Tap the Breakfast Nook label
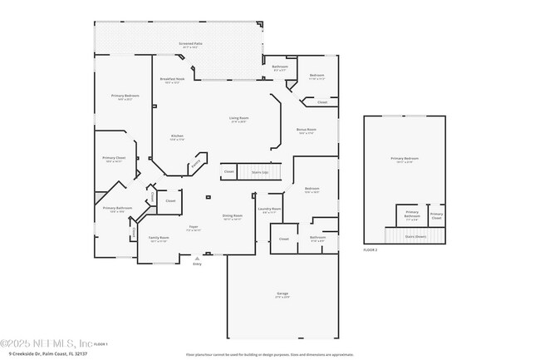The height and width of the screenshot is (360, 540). [x=172, y=80]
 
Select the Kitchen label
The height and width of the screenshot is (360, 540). [x=177, y=137]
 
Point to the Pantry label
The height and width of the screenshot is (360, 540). [x=195, y=165]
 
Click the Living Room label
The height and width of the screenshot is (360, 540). [x=239, y=119]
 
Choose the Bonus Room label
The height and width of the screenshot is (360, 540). [x=306, y=130]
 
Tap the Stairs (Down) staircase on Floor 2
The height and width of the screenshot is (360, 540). [x=415, y=235]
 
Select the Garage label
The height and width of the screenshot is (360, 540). [x=282, y=294]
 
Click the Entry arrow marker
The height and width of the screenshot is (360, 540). [x=197, y=259]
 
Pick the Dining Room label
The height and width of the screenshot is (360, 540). [x=232, y=216]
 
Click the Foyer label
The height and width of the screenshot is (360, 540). [x=192, y=226]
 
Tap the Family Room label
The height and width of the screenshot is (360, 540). [x=158, y=239]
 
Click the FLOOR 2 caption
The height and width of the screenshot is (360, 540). [x=371, y=249]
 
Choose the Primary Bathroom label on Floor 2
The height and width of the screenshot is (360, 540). [x=412, y=215]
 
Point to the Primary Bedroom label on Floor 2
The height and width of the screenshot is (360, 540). [x=405, y=158]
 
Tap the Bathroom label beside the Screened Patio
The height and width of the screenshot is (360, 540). [x=280, y=67]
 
